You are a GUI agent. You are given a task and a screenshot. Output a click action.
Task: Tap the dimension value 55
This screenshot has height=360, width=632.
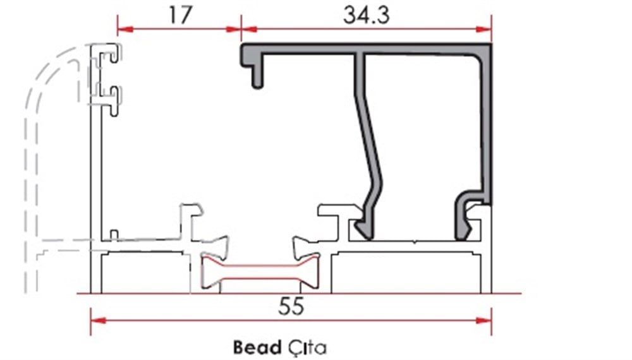click(x=291, y=306)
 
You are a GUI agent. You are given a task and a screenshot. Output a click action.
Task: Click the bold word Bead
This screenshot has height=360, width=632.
click(x=255, y=346)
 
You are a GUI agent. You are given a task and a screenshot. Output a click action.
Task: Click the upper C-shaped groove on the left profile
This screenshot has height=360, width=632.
click(x=113, y=57)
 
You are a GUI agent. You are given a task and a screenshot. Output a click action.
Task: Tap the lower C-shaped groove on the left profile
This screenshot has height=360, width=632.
click(x=113, y=98)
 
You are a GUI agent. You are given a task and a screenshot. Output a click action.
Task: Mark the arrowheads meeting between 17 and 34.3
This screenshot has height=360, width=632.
click(x=241, y=28)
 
